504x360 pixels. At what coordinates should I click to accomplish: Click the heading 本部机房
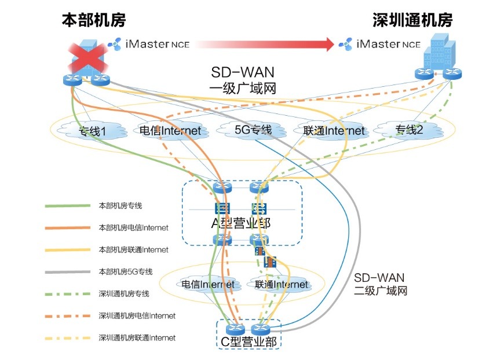94,21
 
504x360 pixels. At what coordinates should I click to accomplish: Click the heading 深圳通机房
412,21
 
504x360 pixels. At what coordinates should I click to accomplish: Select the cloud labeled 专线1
93,131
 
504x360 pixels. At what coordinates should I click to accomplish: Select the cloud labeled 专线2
409,130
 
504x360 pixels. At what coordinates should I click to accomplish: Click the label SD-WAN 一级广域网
242,80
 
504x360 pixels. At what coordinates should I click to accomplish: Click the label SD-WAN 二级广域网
380,284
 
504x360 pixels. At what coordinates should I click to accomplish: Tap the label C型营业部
249,341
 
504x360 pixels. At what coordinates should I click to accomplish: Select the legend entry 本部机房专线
120,205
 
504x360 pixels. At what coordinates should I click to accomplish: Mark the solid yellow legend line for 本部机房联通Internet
67,249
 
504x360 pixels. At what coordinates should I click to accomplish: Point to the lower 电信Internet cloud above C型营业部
208,284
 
